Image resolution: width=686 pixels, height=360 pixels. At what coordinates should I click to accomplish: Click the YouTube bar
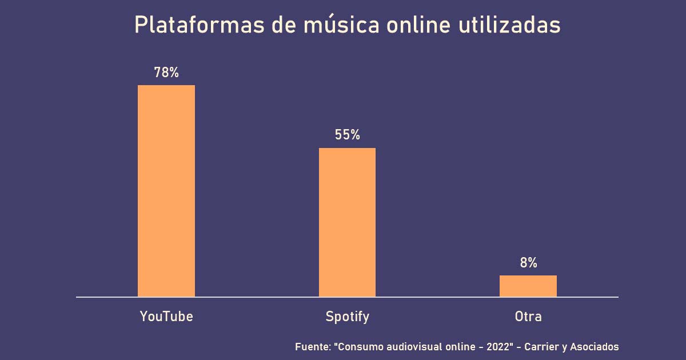tap(166, 191)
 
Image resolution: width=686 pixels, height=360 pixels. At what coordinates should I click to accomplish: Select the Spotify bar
tap(347, 222)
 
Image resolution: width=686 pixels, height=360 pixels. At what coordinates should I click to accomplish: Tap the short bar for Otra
tap(528, 286)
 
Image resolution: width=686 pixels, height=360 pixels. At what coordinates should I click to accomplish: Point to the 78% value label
tap(166, 73)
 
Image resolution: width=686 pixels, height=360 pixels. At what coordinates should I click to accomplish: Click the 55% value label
tap(347, 135)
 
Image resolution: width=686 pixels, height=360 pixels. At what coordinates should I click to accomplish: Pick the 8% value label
tap(528, 263)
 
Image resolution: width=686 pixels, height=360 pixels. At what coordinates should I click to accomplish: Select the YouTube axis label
tap(166, 316)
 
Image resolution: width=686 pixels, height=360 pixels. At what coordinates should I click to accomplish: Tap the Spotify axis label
tap(347, 317)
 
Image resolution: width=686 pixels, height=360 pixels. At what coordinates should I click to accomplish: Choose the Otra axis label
tap(528, 316)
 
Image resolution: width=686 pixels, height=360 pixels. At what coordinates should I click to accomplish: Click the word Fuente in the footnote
tap(312, 347)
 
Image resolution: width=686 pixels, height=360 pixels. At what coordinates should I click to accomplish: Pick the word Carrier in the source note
tap(542, 347)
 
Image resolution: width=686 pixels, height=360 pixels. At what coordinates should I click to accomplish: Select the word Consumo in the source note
tap(360, 347)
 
